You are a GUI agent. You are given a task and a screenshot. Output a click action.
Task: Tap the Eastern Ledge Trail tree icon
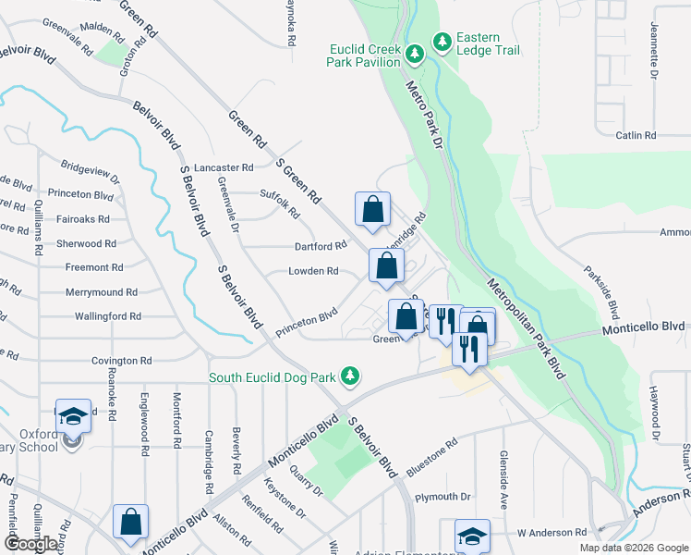(442, 42)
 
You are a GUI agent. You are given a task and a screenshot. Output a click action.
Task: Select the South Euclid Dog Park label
(273, 376)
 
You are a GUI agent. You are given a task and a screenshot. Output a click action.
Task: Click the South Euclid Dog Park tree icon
(349, 376)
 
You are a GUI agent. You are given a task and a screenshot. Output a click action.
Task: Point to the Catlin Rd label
(636, 135)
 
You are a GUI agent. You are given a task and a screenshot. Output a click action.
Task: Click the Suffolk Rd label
(281, 203)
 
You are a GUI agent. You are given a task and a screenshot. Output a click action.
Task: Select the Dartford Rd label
(320, 246)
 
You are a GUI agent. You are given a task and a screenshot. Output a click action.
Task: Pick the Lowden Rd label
(313, 271)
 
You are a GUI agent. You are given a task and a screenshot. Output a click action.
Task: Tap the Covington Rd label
(121, 361)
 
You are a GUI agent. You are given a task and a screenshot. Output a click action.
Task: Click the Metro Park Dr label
(426, 110)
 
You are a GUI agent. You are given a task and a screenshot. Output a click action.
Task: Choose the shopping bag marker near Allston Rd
(130, 522)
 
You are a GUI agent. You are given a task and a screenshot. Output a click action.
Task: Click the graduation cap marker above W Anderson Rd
(471, 536)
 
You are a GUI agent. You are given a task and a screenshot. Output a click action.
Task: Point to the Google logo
(30, 544)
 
